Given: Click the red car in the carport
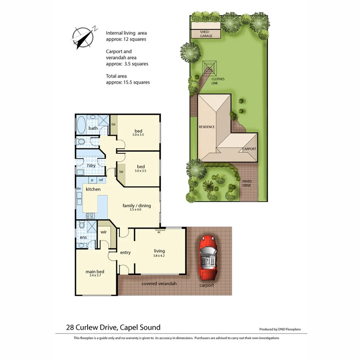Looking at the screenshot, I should click(209, 258).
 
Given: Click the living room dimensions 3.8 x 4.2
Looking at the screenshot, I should click(159, 255).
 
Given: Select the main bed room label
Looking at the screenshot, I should click(95, 272).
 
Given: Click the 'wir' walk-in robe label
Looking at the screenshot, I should click(104, 232).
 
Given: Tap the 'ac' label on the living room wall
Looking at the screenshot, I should click(159, 232).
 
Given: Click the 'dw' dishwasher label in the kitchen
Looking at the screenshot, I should click(78, 188).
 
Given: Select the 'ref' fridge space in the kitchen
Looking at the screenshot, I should click(101, 180).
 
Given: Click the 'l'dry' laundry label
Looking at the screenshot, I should click(91, 166).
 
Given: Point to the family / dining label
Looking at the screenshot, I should click(137, 205).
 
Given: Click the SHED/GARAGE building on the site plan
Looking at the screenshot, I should click(206, 34).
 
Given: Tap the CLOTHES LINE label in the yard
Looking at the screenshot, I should click(217, 81).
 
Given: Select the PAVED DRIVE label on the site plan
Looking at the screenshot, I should click(246, 183).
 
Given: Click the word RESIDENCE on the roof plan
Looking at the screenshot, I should click(207, 127).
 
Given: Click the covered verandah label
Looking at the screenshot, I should click(159, 284).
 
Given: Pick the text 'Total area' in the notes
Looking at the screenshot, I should click(116, 76).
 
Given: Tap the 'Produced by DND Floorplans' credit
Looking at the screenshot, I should click(280, 329).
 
